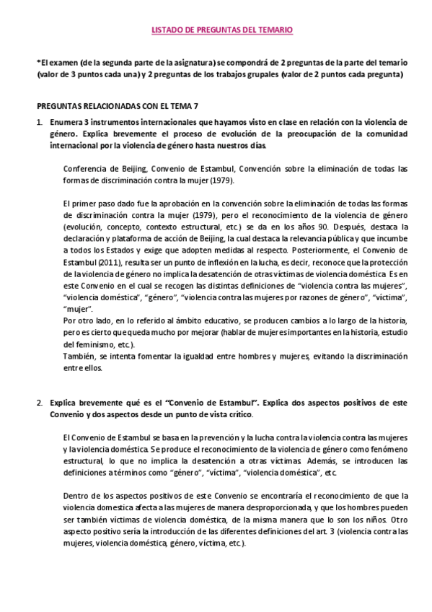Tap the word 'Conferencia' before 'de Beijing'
click(x=86, y=169)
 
